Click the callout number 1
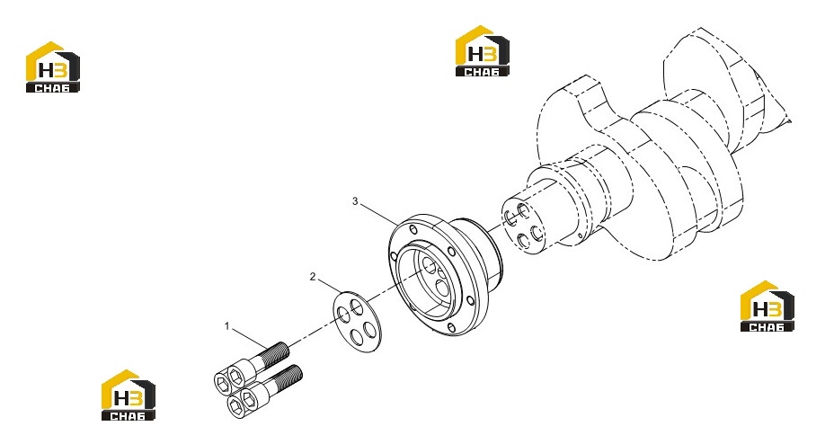(227, 326)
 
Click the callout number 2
(313, 277)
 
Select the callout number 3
(355, 201)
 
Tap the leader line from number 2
(330, 285)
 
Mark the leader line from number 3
(378, 213)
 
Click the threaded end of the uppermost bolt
(277, 353)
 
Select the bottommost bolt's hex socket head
(236, 405)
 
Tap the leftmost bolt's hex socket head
(222, 381)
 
